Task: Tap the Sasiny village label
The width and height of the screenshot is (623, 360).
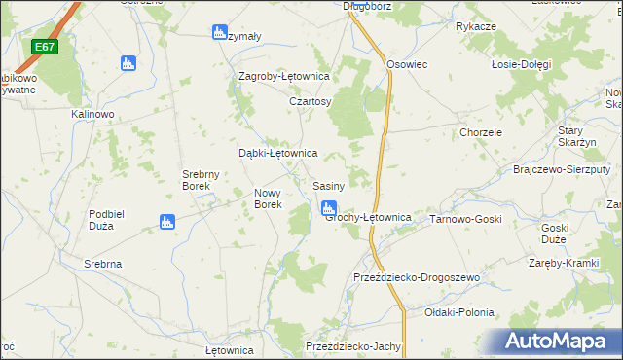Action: coord(328,186)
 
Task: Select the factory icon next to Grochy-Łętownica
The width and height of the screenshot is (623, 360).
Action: coord(329,207)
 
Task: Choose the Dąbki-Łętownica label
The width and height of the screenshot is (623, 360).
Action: coord(278,153)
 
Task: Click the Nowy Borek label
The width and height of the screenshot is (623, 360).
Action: coord(268,198)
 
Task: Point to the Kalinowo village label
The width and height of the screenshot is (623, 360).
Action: coord(93,114)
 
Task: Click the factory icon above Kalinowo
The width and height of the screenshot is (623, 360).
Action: coord(128,64)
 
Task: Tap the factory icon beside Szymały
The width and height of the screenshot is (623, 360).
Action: coord(219,33)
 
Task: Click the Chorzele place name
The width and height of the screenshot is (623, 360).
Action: coord(481,132)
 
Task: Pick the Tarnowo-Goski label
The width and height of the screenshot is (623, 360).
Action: coord(465,220)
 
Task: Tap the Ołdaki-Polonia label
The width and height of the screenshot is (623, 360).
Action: coord(459,313)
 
